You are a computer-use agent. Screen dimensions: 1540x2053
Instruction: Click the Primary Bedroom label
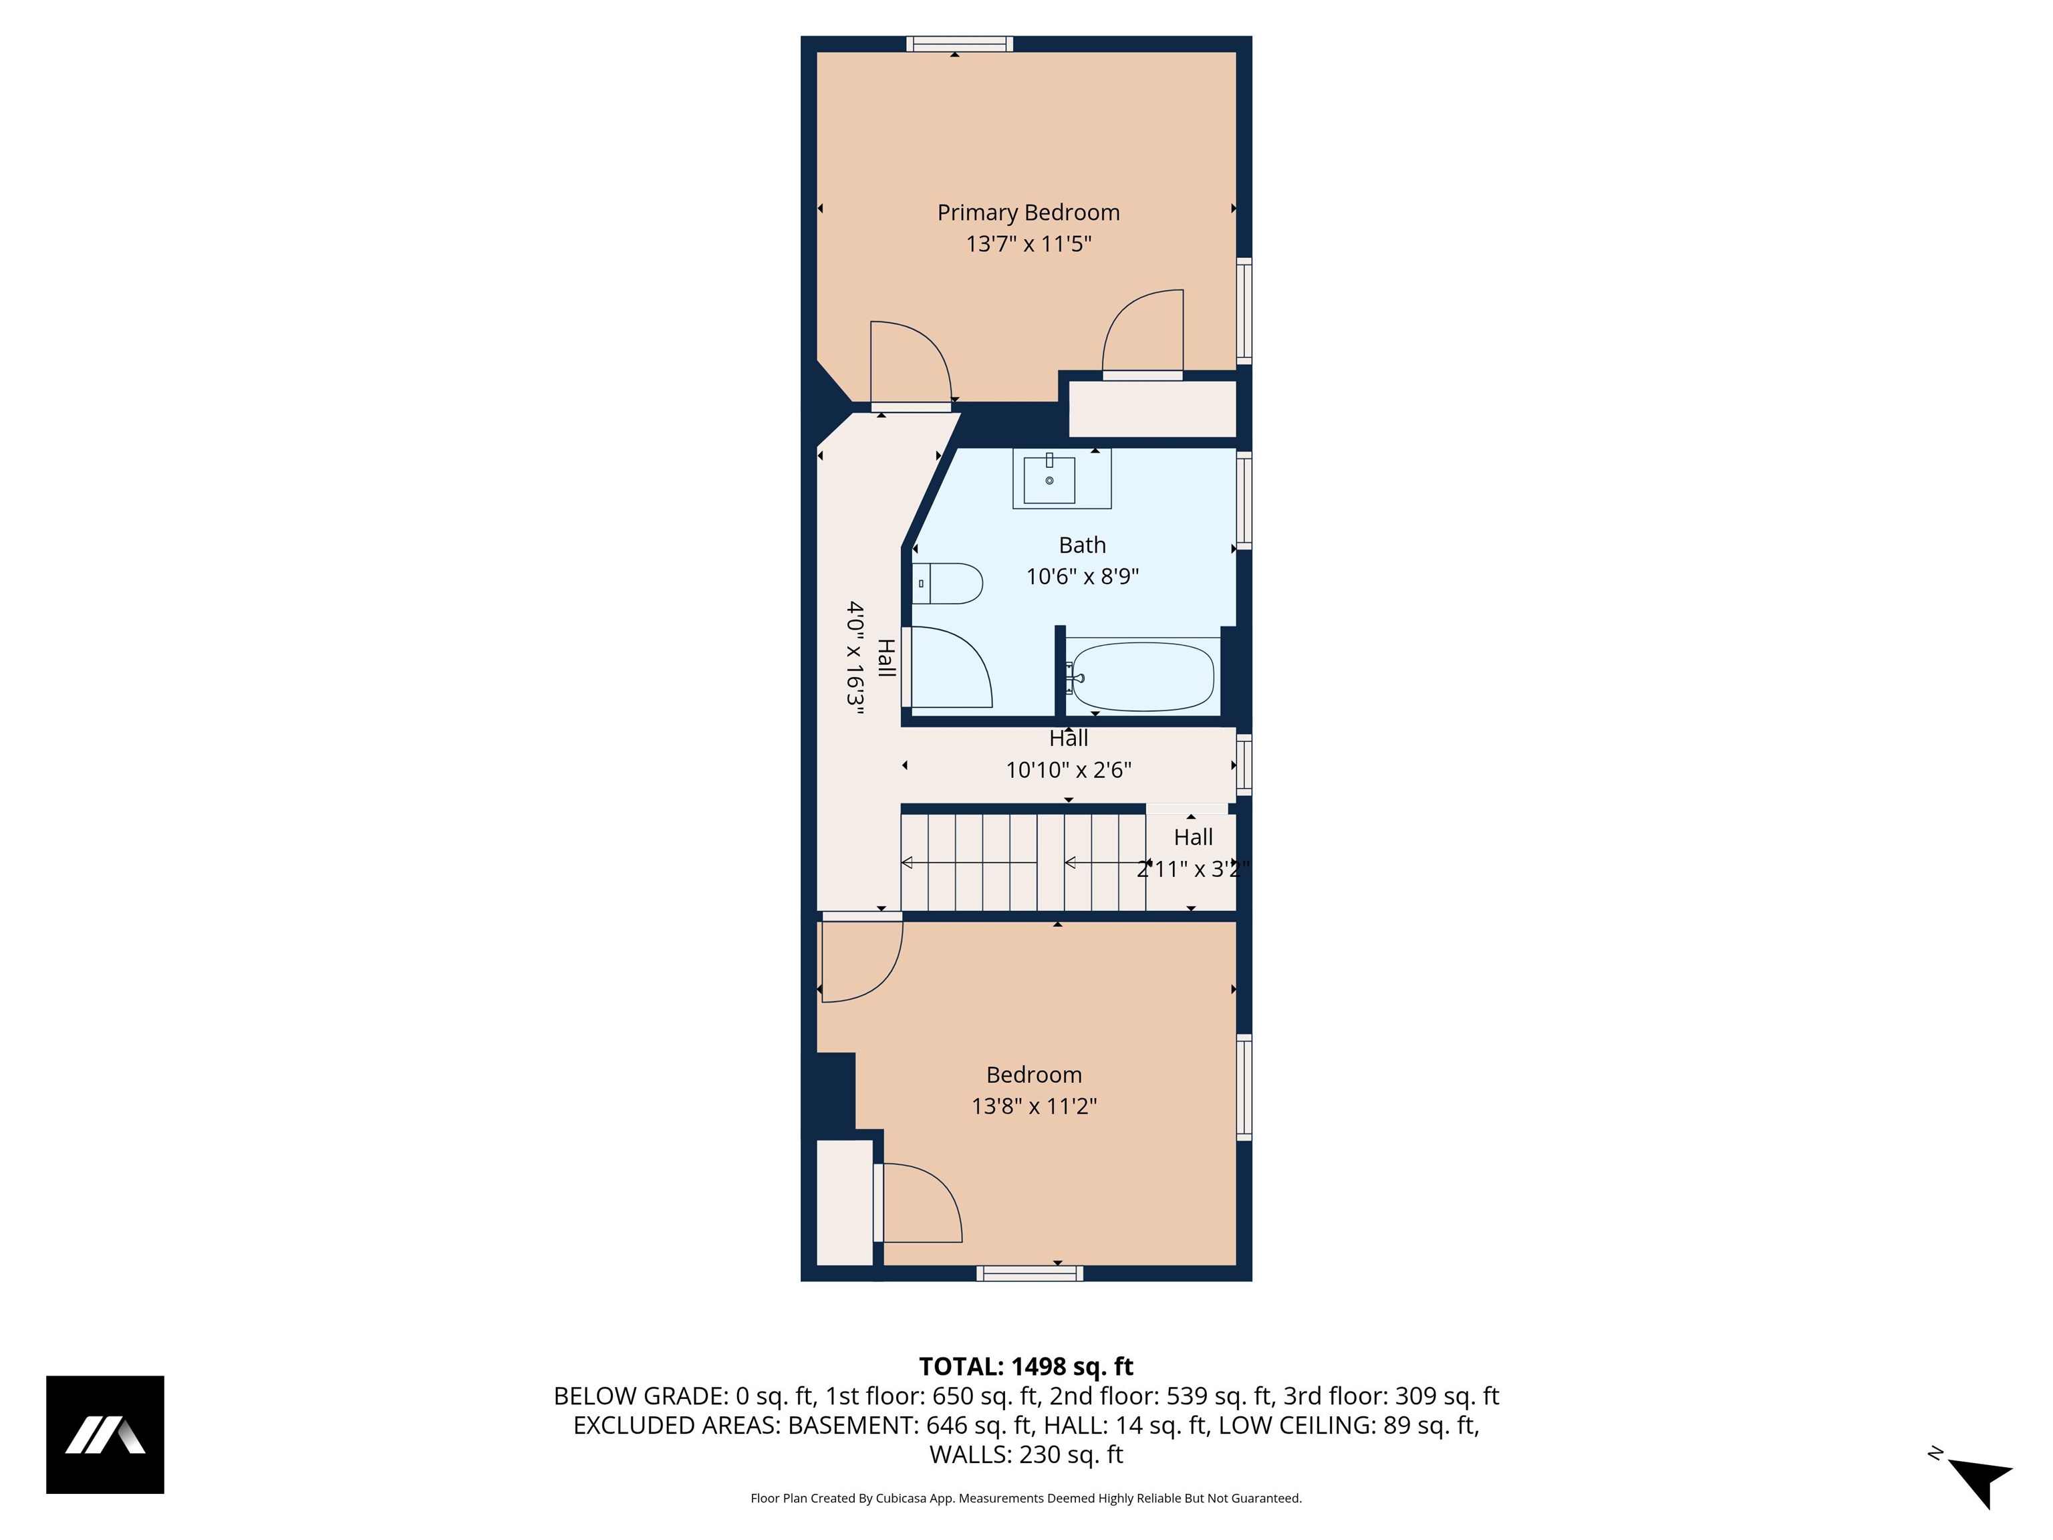(x=1029, y=213)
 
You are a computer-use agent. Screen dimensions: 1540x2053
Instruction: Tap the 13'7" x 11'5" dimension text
(x=1029, y=244)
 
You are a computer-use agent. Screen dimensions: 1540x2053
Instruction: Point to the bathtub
(x=1141, y=676)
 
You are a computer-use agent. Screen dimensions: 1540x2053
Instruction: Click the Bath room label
(x=1082, y=545)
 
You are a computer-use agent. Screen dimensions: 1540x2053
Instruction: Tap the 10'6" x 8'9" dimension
(x=1082, y=576)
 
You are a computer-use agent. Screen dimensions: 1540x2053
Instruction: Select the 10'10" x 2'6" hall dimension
(x=1068, y=769)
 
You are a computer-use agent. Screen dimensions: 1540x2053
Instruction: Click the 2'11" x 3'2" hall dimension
(x=1193, y=869)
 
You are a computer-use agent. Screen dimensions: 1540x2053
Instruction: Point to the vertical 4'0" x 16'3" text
(x=855, y=657)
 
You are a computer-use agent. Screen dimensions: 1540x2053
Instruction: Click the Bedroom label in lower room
(x=1034, y=1075)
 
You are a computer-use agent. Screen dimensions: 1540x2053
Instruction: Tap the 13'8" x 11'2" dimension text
(x=1034, y=1106)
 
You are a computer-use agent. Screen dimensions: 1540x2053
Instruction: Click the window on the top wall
(x=960, y=43)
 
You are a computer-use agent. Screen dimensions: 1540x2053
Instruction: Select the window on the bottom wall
(x=1029, y=1273)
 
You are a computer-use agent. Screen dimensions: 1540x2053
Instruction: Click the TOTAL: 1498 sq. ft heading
(x=1026, y=1366)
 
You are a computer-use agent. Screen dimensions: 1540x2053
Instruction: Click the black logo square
(x=105, y=1434)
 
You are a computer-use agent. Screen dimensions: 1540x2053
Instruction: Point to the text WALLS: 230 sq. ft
(x=1026, y=1454)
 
